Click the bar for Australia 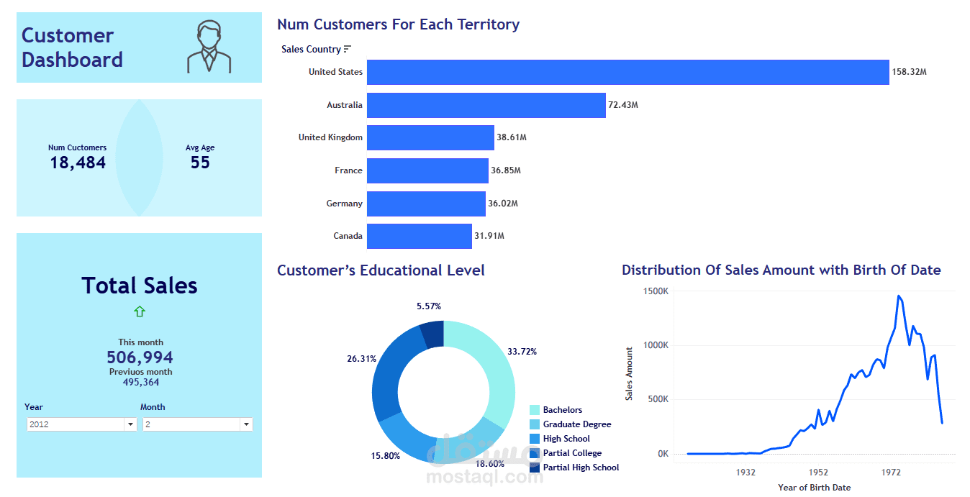coord(486,105)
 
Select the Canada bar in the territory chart coord(420,236)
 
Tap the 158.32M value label coord(909,72)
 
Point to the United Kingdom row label coord(330,137)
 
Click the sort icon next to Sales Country coord(348,49)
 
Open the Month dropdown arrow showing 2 coord(246,424)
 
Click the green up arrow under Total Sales coord(140,311)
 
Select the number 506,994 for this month coord(140,357)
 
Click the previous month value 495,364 coord(140,383)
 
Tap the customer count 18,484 coord(78,163)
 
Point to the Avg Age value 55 coord(200,163)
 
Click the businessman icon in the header coord(209,47)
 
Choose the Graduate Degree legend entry coord(576,424)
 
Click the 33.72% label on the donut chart coord(522,352)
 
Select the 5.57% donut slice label coord(429,306)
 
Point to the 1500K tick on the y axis coord(656,291)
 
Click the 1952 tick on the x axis coord(818,473)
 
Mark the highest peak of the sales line coord(899,296)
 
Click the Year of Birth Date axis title coord(814,488)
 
